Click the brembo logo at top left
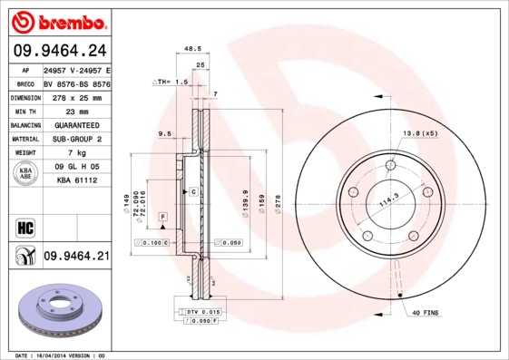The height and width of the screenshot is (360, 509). tap(56, 20)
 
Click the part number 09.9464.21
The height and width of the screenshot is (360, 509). tap(76, 257)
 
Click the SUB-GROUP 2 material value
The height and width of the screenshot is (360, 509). tap(76, 139)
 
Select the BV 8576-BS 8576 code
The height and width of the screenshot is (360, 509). tap(76, 82)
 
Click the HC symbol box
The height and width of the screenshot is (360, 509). tap(23, 226)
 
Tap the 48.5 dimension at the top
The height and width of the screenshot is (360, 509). tap(192, 49)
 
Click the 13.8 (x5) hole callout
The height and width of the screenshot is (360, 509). tap(419, 133)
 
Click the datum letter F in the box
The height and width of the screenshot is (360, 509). tap(162, 217)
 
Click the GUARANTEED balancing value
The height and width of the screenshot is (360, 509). tap(76, 124)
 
